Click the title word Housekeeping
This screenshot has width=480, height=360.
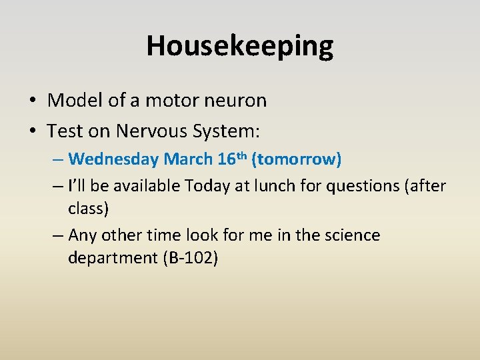(240, 46)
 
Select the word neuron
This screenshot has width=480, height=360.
(234, 101)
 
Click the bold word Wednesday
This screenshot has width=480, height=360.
(113, 159)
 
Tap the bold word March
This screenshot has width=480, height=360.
(188, 159)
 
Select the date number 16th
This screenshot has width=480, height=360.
(232, 159)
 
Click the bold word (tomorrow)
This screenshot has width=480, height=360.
(297, 159)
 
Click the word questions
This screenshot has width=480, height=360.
(361, 187)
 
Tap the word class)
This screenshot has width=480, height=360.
(88, 208)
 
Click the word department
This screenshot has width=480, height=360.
(113, 257)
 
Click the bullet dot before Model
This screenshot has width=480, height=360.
(32, 101)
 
